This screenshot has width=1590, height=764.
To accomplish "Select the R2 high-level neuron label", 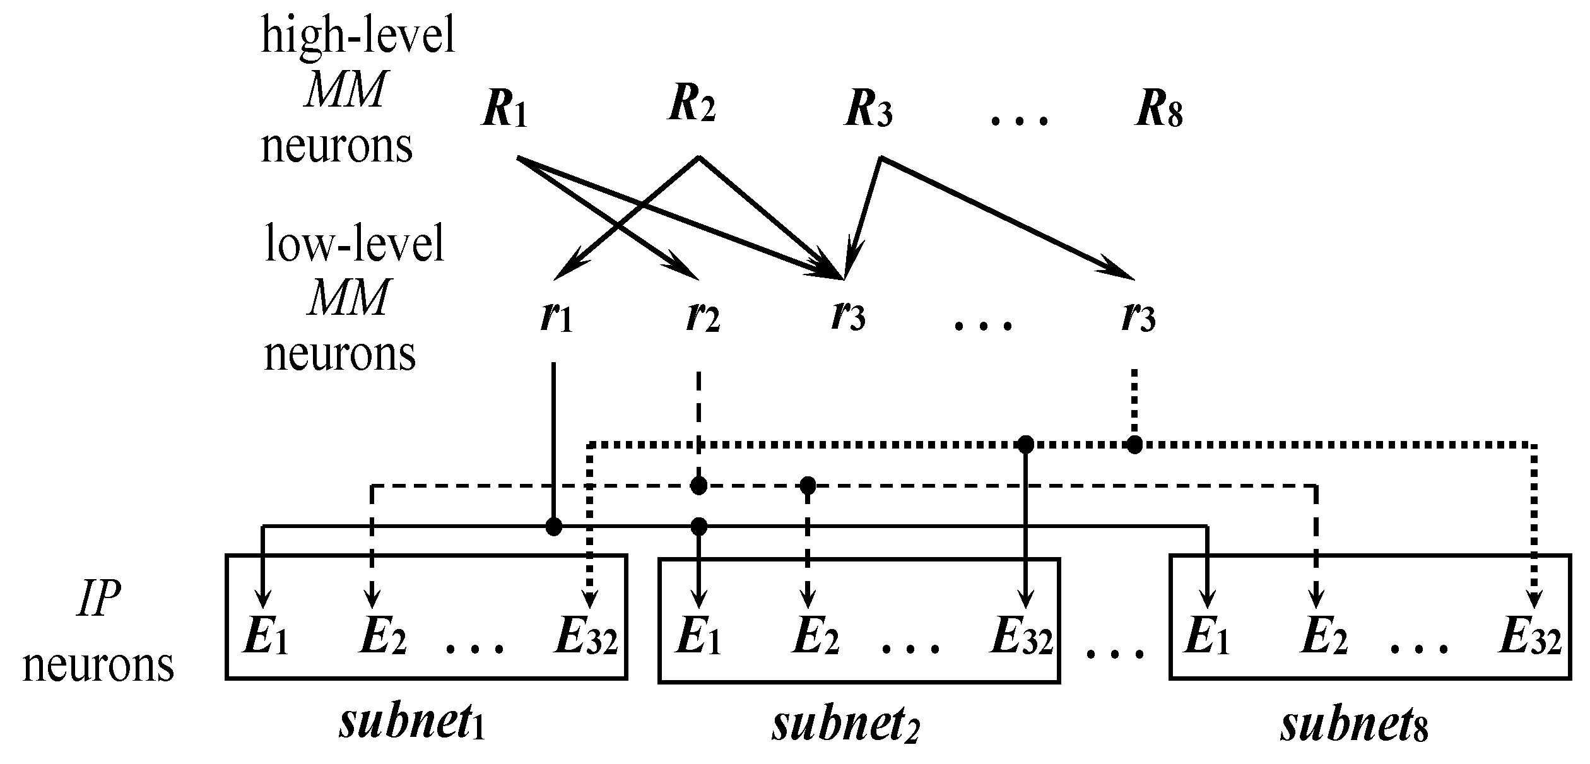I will tap(692, 106).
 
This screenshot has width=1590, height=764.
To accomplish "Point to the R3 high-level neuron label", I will tap(868, 112).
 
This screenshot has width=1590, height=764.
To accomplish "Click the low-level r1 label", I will tap(556, 317).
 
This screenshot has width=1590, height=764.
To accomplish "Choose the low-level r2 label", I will tap(702, 317).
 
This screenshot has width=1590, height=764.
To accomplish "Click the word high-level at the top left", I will tap(358, 36).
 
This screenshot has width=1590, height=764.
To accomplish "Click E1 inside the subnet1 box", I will tap(265, 638).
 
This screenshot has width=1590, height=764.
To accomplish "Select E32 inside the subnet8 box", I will tap(1529, 638).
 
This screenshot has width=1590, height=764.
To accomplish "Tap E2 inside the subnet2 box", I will tap(815, 638).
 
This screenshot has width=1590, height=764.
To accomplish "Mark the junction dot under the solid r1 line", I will tap(553, 526).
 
